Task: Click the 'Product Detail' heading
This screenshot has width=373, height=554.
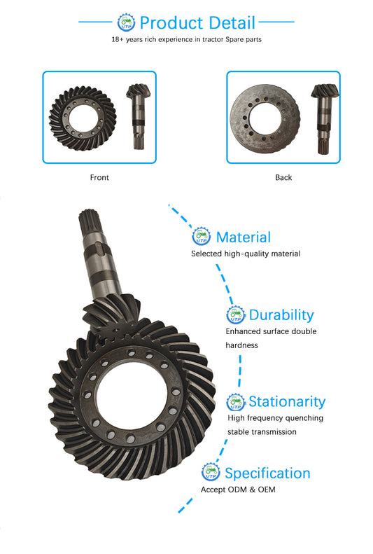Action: click(x=197, y=23)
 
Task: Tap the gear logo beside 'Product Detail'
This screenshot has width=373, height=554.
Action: click(x=126, y=22)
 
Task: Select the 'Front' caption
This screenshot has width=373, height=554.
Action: click(x=99, y=177)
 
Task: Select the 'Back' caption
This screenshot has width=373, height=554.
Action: click(x=283, y=177)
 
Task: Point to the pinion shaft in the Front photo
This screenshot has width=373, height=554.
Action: click(x=139, y=116)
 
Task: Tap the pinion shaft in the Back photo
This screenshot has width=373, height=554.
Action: click(x=325, y=119)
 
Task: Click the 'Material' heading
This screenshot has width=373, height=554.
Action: click(x=244, y=237)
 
